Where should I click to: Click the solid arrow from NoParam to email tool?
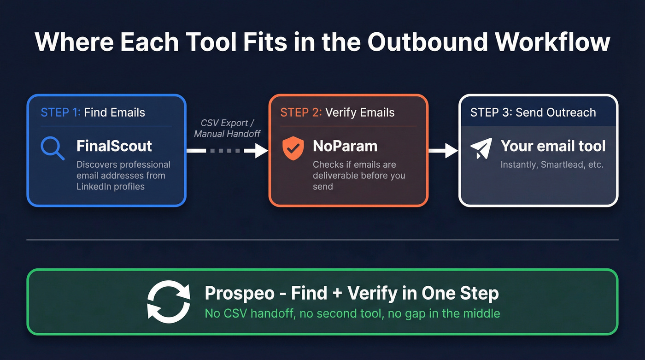point(443,150)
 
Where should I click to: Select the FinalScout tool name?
point(114,146)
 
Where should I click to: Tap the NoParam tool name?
point(345,146)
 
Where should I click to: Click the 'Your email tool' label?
point(553,146)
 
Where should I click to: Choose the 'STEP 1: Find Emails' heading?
point(93,112)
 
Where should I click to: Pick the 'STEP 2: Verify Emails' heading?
point(337,112)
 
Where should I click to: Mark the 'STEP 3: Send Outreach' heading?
point(533,112)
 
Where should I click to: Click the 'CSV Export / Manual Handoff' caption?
point(227,128)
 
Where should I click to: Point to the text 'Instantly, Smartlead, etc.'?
point(551,165)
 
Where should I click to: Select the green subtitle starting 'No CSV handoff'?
point(352,313)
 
